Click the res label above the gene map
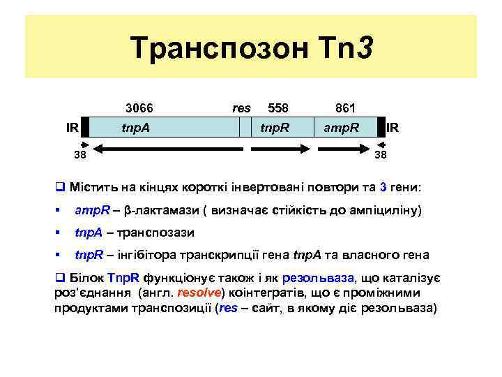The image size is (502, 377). coord(241,108)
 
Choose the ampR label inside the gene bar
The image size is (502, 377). coord(341,128)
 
